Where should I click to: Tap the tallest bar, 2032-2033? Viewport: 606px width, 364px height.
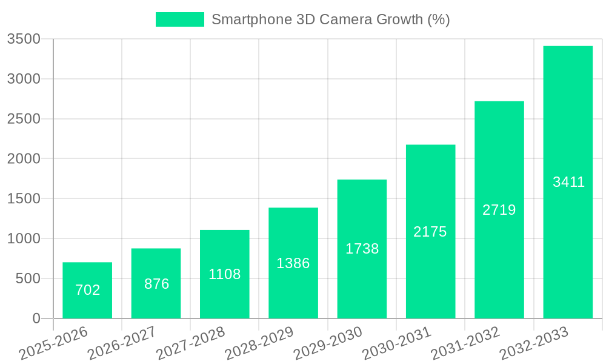(568, 182)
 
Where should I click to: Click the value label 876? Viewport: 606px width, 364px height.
(156, 284)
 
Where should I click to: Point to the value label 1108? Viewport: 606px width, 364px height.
(225, 274)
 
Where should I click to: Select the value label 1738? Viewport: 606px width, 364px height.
(362, 249)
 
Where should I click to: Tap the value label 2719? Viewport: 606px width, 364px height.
(499, 210)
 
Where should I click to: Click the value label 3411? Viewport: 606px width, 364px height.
(568, 182)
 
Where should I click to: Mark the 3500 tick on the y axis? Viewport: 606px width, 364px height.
(24, 39)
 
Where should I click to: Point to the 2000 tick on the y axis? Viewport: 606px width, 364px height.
(24, 159)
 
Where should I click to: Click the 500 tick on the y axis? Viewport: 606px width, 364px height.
(28, 278)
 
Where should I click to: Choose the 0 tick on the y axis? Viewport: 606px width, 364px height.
(36, 318)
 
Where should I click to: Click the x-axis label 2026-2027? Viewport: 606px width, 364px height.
(122, 343)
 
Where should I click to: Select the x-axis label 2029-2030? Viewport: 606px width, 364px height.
(328, 343)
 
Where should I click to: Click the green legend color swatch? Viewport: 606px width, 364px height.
(180, 19)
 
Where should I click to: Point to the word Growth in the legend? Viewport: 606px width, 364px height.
(399, 19)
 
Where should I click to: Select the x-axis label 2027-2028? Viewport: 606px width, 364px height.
(190, 343)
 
